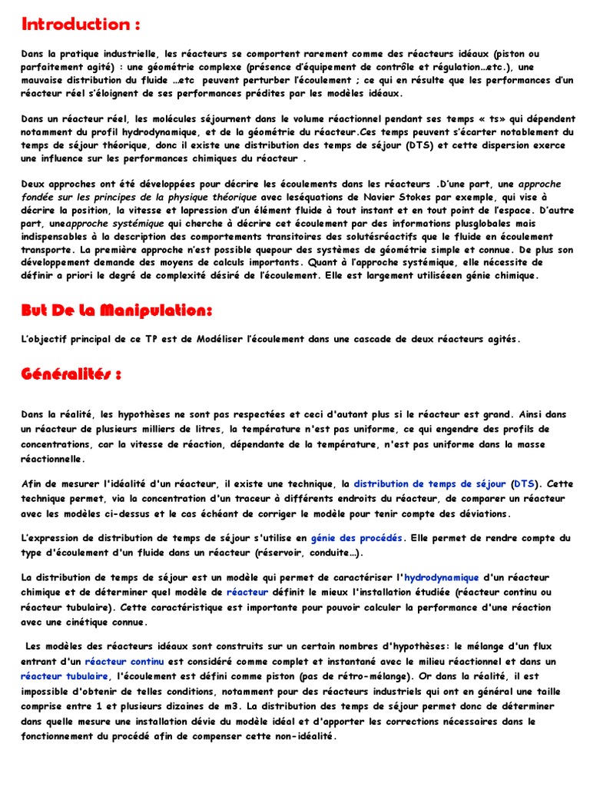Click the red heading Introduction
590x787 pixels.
(81, 24)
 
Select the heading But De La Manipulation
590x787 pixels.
(116, 310)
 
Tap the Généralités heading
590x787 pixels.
(71, 374)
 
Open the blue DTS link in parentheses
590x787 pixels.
(525, 484)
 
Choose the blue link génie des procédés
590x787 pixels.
(356, 538)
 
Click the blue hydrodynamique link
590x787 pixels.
(442, 577)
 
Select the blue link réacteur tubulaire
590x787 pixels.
(65, 676)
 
